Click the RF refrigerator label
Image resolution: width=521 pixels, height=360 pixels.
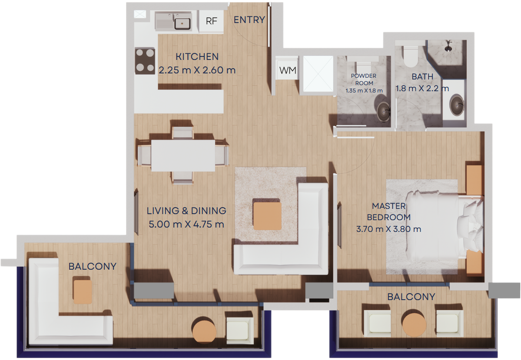point(211,21)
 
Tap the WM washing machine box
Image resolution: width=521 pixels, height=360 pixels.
point(287,70)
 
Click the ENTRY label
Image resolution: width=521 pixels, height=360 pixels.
point(249,20)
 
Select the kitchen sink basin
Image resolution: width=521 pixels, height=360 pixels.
point(183,23)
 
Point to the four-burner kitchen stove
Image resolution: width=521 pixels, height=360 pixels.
point(145,61)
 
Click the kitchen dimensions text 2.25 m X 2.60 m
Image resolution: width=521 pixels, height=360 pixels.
point(197,70)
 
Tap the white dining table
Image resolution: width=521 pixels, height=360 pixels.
point(183,155)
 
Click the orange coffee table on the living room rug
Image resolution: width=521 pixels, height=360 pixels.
point(267,216)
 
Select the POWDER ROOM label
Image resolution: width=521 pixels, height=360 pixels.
point(364,79)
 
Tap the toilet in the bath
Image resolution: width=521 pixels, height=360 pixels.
point(410,56)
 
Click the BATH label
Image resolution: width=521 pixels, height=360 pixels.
point(422,77)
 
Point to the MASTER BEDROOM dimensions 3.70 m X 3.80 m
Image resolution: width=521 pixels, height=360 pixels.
point(389,229)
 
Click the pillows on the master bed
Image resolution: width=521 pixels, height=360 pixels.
point(470,226)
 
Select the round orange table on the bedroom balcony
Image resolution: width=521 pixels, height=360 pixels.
point(414,323)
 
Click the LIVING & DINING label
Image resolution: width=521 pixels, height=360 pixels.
point(186,211)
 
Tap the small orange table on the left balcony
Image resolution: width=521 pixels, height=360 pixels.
point(83,292)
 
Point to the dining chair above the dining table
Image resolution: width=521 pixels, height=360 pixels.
point(183,133)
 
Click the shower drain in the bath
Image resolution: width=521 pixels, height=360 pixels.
point(448,49)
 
